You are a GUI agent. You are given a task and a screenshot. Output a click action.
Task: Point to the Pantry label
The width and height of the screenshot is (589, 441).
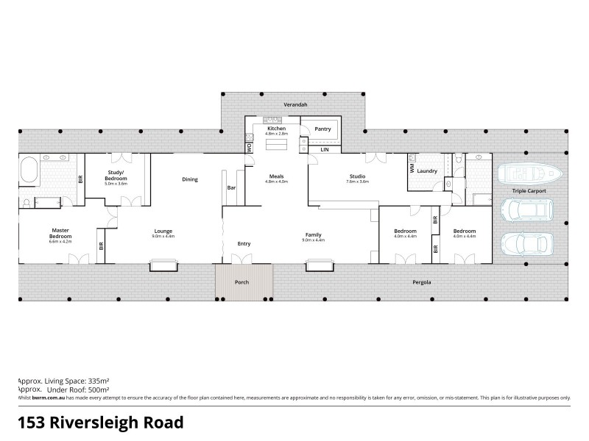[x=323, y=129]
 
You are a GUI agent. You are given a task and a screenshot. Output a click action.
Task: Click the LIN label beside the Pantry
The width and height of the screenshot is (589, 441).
[x=324, y=149]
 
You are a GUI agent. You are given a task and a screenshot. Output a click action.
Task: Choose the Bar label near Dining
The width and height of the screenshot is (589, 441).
[x=231, y=187]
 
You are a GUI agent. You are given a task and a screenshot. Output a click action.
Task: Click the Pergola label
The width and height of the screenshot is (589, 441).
[x=421, y=282]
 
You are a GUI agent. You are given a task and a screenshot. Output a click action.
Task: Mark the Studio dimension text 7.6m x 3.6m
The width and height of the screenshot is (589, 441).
[x=358, y=181]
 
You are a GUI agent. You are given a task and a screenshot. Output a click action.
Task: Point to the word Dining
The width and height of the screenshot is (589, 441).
[x=190, y=179]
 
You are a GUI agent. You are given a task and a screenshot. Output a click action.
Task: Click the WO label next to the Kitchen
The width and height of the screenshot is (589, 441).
[x=249, y=147]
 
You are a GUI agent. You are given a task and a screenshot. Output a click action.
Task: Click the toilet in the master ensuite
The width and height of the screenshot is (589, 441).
[x=27, y=202]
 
